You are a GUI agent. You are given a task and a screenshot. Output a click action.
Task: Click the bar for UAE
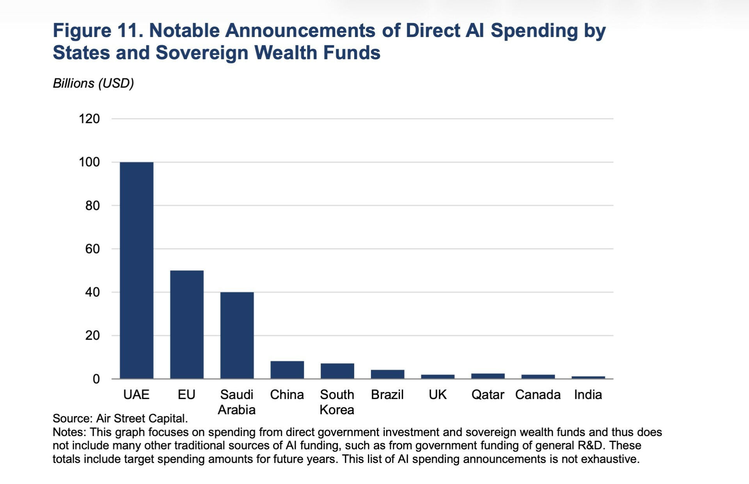137,270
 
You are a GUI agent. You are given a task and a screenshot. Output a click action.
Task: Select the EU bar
186,324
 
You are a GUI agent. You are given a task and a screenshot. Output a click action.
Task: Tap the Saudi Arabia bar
237,335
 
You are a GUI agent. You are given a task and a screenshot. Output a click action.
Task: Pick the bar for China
287,370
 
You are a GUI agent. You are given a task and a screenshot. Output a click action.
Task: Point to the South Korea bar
337,371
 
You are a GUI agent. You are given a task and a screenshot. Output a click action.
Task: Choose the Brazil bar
387,374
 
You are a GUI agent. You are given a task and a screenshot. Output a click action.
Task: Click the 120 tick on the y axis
89,119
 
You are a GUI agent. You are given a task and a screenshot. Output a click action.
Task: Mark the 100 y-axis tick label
89,162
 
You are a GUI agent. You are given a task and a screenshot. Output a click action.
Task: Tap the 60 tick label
92,249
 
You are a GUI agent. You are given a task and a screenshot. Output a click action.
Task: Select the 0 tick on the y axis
96,379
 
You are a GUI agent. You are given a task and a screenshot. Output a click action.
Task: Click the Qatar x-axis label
488,395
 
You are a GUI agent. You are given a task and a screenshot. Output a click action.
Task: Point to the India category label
588,395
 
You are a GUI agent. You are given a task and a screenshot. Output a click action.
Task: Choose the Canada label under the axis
538,395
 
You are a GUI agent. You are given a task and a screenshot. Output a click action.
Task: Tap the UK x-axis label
437,395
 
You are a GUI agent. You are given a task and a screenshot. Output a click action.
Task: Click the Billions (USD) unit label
93,83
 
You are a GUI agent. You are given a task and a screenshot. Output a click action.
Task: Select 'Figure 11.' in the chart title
98,30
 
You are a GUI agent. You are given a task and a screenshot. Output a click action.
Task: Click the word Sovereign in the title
202,53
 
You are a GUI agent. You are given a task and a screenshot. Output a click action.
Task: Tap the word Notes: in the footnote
69,432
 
